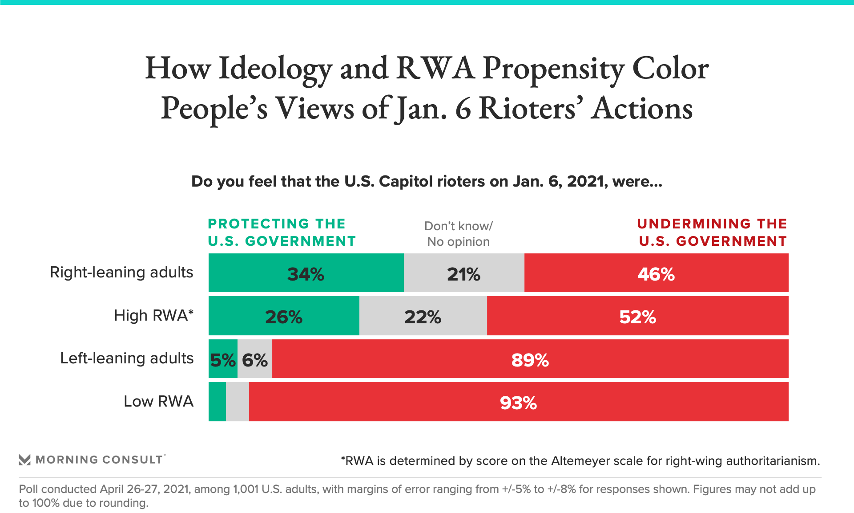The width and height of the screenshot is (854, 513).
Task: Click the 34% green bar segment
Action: [x=306, y=273]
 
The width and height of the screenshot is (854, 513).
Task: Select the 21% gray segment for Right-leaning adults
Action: [x=464, y=273]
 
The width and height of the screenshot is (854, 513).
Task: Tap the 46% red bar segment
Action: [x=656, y=273]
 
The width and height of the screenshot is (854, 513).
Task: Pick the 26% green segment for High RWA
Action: [x=284, y=316]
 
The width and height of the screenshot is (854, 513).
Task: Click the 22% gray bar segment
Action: [x=423, y=316]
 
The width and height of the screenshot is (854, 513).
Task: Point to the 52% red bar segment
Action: [x=637, y=316]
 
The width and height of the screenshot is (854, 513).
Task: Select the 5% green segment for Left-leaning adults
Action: [x=223, y=359]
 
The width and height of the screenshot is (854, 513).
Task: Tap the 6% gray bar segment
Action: [x=255, y=359]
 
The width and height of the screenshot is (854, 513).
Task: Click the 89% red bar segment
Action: [x=530, y=359]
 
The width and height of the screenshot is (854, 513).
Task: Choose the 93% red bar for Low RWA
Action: [x=518, y=402]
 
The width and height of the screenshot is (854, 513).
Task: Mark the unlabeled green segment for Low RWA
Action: [x=217, y=402]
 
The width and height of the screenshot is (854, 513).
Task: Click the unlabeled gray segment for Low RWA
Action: [x=238, y=402]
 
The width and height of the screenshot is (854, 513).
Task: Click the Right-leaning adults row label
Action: [x=121, y=272]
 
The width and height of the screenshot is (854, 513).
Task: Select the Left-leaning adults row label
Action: [x=127, y=358]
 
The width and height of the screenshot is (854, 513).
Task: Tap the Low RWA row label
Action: [x=158, y=401]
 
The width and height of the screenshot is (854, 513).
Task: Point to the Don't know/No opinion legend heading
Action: [x=459, y=234]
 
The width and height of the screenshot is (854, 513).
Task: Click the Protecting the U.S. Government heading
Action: [x=282, y=232]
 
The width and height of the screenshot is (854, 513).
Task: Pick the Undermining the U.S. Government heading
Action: [x=712, y=232]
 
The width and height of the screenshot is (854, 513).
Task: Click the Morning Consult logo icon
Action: [x=25, y=460]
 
